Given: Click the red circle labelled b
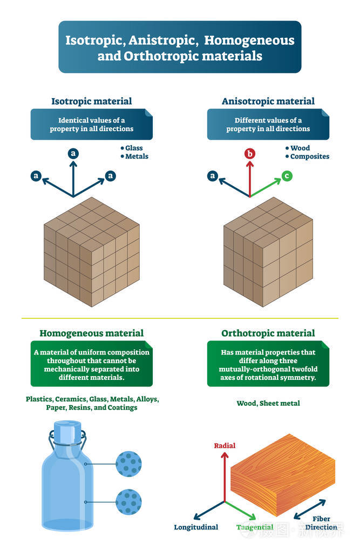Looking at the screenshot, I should coord(250,154).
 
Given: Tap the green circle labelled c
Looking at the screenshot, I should coord(287,175).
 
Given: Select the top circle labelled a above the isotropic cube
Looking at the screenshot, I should coord(73,154).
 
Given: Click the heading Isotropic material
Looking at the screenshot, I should coord(91,101).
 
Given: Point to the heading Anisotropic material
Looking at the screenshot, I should coord(268,101).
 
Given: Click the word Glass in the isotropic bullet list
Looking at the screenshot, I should coord(134,148).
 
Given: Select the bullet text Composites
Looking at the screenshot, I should coord(309,156).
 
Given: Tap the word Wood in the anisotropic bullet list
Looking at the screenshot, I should coord(300,148).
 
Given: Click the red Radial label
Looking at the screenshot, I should coord(225,446).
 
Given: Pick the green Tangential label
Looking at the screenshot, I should coord(255,527).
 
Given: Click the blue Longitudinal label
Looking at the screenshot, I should coord(196,527).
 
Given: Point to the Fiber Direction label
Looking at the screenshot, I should coord(321,523).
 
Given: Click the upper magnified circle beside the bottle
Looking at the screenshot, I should coord(129,464).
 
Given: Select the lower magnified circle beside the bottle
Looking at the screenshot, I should coord(129,501).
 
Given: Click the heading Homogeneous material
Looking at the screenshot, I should coord(91,333).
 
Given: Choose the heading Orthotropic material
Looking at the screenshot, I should coord(268,333).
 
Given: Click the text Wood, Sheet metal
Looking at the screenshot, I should coord(268,403).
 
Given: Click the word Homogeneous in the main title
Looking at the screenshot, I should coord(249,40).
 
